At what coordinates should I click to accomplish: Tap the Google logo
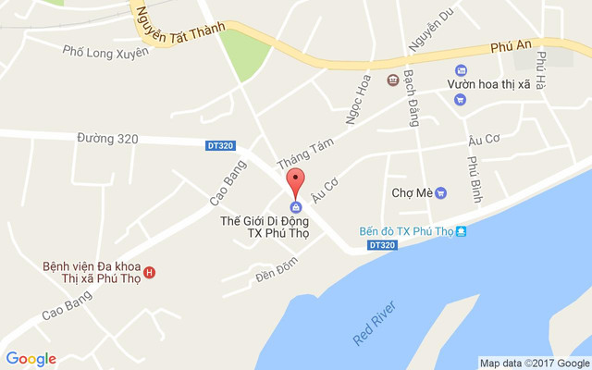click(31, 359)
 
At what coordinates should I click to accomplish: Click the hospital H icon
click(150, 272)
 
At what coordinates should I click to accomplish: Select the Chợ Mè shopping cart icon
click(441, 193)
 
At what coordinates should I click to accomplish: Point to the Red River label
click(375, 323)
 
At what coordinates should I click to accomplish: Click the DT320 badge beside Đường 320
click(219, 145)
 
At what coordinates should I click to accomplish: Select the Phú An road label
click(512, 46)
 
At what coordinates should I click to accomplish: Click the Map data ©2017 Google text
click(535, 363)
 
